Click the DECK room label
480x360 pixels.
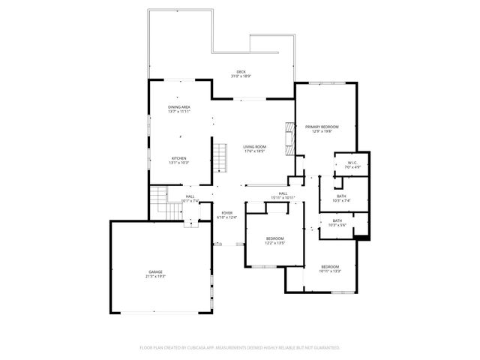click(x=241, y=72)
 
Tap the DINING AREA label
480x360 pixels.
click(x=178, y=107)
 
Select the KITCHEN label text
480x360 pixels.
click(x=178, y=158)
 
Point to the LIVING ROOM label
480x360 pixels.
click(x=255, y=147)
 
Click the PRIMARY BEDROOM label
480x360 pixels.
click(x=322, y=127)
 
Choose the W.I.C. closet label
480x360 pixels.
click(x=352, y=163)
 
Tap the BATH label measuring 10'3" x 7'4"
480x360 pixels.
click(x=330, y=196)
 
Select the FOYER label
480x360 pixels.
click(x=226, y=214)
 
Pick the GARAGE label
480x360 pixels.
click(x=155, y=271)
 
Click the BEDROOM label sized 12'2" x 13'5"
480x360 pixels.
click(x=275, y=239)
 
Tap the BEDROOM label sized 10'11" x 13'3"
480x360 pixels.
click(x=330, y=267)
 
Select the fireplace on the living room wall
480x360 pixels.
click(x=287, y=138)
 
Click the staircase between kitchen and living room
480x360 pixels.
click(x=220, y=158)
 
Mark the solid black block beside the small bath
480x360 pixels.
click(x=363, y=238)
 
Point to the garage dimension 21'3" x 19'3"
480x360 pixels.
click(x=155, y=276)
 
